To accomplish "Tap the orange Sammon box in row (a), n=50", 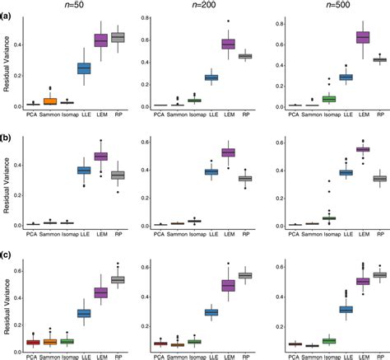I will (x=50, y=101).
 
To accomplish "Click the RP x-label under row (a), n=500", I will (x=379, y=115).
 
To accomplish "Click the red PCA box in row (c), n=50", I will (x=33, y=342).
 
